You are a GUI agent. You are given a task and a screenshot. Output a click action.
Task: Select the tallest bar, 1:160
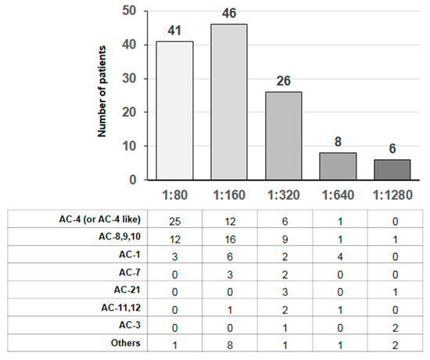[x=228, y=102]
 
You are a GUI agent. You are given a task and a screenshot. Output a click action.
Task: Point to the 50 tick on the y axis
[x=130, y=11]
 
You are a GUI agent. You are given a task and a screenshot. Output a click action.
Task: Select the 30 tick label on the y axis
[x=130, y=78]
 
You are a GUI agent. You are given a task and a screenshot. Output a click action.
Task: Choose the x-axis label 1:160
[x=228, y=192]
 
